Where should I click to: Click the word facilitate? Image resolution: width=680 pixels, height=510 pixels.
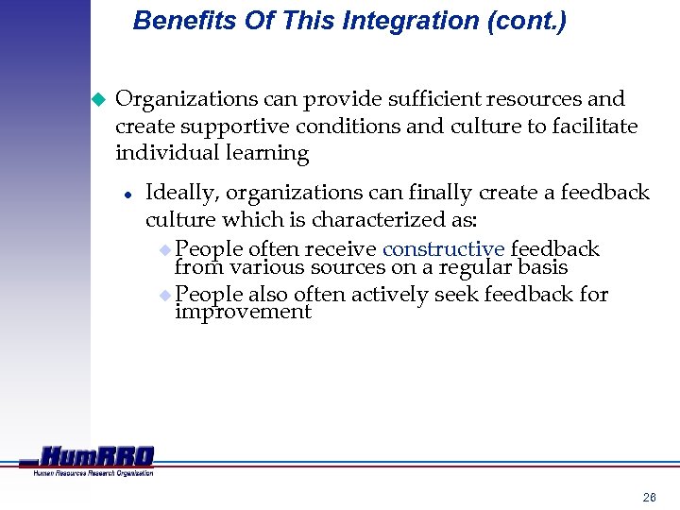(x=594, y=127)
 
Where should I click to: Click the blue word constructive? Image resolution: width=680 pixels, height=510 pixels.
(x=444, y=249)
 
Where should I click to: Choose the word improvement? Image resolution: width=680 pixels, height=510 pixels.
(x=243, y=312)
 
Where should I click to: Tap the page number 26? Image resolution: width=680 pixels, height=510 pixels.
(x=649, y=497)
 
